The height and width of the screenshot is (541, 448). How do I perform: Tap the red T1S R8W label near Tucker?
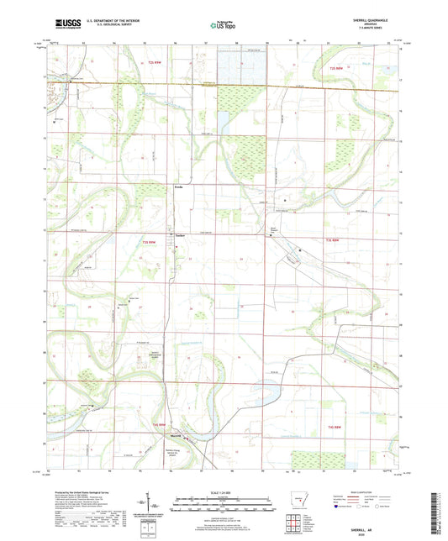click(148, 243)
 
